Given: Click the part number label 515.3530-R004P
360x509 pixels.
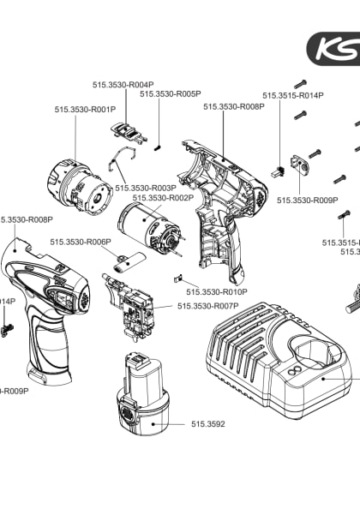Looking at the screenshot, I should point(123,84).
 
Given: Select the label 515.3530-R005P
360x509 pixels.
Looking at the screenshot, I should point(171,93).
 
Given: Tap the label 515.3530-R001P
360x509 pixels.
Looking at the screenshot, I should point(85,110).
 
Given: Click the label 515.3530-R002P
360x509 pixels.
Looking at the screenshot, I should point(163,198).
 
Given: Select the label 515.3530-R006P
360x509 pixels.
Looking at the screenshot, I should point(81,242).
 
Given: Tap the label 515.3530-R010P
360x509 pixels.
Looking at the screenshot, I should point(217,292).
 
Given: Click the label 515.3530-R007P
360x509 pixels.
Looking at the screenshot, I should point(207,306).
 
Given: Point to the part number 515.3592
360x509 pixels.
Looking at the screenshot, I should point(207,424).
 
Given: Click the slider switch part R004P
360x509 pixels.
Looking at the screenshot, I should point(126,129).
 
